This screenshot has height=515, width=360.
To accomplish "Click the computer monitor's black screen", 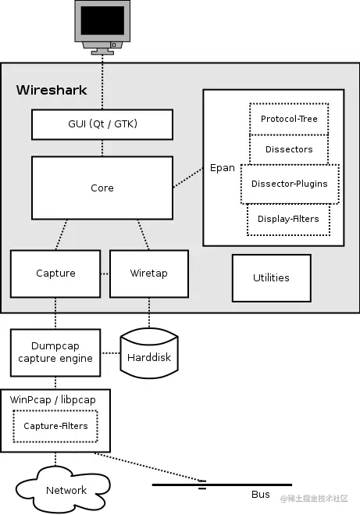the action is click(102, 20).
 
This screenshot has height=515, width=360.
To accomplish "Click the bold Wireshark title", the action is click(52, 90).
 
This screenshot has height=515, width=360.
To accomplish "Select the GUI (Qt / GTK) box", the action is click(102, 124).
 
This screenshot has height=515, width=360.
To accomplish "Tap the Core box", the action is click(102, 188).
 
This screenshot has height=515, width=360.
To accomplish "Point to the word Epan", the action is click(223, 168).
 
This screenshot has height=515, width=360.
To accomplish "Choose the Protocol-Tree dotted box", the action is click(289, 119).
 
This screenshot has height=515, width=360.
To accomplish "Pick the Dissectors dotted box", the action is click(289, 149).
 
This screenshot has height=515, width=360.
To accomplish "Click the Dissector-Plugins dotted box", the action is click(290, 184).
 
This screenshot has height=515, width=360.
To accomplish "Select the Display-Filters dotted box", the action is click(288, 220).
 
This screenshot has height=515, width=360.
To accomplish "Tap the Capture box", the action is click(55, 274).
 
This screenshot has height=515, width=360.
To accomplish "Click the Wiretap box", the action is click(149, 274).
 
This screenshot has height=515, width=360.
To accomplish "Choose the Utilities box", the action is click(272, 278).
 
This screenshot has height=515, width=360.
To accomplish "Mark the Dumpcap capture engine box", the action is click(55, 352).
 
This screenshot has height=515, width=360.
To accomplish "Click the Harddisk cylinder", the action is click(149, 353).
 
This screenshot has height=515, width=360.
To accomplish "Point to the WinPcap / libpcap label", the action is click(53, 399).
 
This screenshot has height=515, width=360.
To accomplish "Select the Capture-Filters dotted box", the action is click(55, 426).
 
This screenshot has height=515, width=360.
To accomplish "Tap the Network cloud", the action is click(64, 489).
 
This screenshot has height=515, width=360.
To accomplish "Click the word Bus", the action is click(261, 495).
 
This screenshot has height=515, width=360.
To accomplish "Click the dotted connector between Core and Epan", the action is click(188, 177).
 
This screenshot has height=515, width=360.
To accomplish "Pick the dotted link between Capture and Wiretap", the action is click(105, 274).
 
